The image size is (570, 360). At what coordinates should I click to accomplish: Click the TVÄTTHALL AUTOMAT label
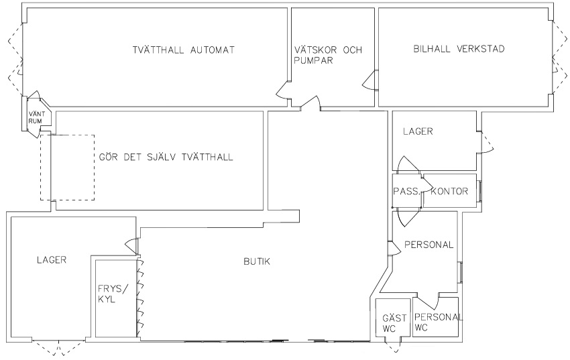184,50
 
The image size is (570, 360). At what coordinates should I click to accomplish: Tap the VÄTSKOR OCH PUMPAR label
328,55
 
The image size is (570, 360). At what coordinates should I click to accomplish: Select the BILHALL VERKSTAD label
459,49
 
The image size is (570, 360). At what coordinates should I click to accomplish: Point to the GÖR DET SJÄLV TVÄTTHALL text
166,157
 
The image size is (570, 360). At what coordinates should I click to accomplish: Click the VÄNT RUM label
36,118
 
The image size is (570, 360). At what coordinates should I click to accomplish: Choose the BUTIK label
257,261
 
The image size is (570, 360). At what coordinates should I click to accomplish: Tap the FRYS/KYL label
113,294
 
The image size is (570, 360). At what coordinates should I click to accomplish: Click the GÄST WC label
394,323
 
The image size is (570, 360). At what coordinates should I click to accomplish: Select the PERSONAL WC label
439,322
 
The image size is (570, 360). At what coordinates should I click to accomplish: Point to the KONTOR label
449,192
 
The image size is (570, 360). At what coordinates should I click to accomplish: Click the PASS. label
406,192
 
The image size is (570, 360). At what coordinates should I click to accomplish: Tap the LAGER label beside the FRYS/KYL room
52,260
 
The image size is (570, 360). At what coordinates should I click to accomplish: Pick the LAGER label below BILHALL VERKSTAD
418,131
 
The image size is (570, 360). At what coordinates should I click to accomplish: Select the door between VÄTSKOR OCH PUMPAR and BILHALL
370,80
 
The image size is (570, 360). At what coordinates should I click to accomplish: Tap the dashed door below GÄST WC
392,346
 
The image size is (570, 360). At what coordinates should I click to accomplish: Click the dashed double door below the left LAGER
58,347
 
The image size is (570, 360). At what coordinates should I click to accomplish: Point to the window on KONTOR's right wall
479,191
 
